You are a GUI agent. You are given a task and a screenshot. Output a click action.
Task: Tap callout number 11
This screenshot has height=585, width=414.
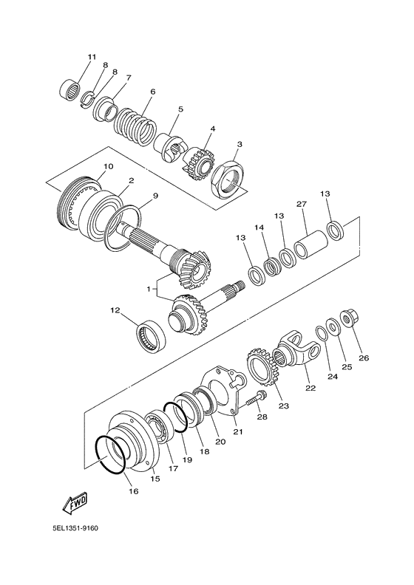coord(92,57)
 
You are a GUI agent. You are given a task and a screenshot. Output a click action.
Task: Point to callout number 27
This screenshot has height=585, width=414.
coord(302,205)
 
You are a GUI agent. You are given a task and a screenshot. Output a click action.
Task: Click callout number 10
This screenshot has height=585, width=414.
coord(108,167)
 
